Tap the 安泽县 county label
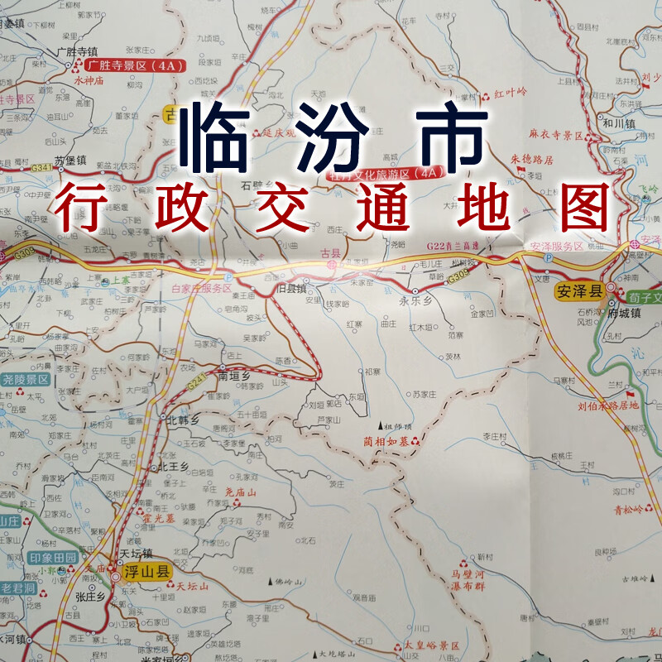[x=577, y=290]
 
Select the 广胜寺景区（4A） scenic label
[x=137, y=65]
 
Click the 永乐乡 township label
[x=416, y=302]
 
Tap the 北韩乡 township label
[x=184, y=420]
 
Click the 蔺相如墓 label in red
[x=386, y=440]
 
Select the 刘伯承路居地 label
[x=608, y=405]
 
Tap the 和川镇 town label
[x=618, y=122]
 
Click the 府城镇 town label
[x=624, y=313]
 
